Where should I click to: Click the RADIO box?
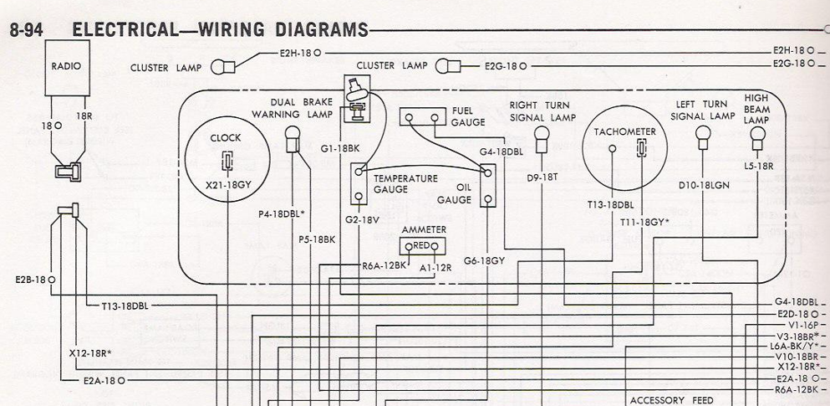[67, 68]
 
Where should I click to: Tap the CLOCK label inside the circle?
[226, 138]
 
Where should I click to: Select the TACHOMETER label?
[624, 131]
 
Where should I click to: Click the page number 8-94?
[26, 29]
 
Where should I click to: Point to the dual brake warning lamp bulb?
[293, 139]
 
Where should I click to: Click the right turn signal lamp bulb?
[541, 139]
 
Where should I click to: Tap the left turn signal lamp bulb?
[703, 137]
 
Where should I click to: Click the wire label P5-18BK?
[317, 239]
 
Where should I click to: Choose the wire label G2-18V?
[360, 218]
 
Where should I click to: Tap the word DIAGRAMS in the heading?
[322, 29]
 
